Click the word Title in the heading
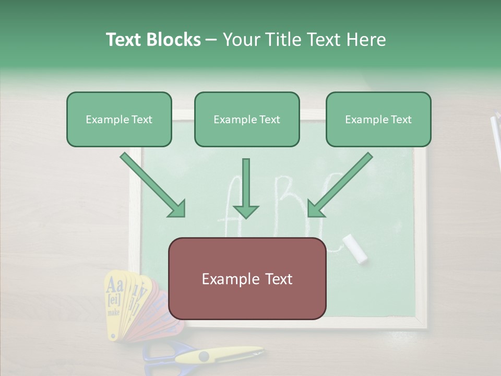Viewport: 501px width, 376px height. click(x=282, y=40)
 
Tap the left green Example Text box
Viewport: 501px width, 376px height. click(x=119, y=120)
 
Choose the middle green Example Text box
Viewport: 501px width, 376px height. click(x=247, y=120)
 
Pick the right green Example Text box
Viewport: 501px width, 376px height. click(x=378, y=120)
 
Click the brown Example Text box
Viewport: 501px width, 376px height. click(x=247, y=279)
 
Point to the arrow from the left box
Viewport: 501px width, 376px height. click(x=153, y=185)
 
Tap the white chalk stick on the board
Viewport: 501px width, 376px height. click(x=355, y=248)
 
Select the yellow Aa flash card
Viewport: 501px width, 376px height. click(x=115, y=298)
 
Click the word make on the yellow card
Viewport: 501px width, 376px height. click(x=113, y=313)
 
